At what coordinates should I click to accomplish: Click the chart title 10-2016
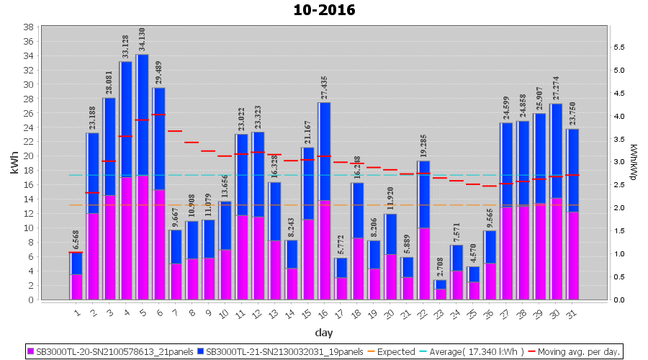(x=324, y=11)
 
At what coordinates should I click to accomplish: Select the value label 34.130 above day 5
(x=142, y=40)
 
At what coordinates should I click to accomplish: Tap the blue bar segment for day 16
(x=324, y=151)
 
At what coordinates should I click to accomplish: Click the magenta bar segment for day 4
(x=125, y=238)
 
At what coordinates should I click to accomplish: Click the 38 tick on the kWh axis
(x=28, y=27)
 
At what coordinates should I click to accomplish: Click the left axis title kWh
(x=14, y=163)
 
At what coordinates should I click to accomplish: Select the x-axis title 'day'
(x=324, y=333)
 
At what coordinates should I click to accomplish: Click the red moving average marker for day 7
(x=175, y=131)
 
